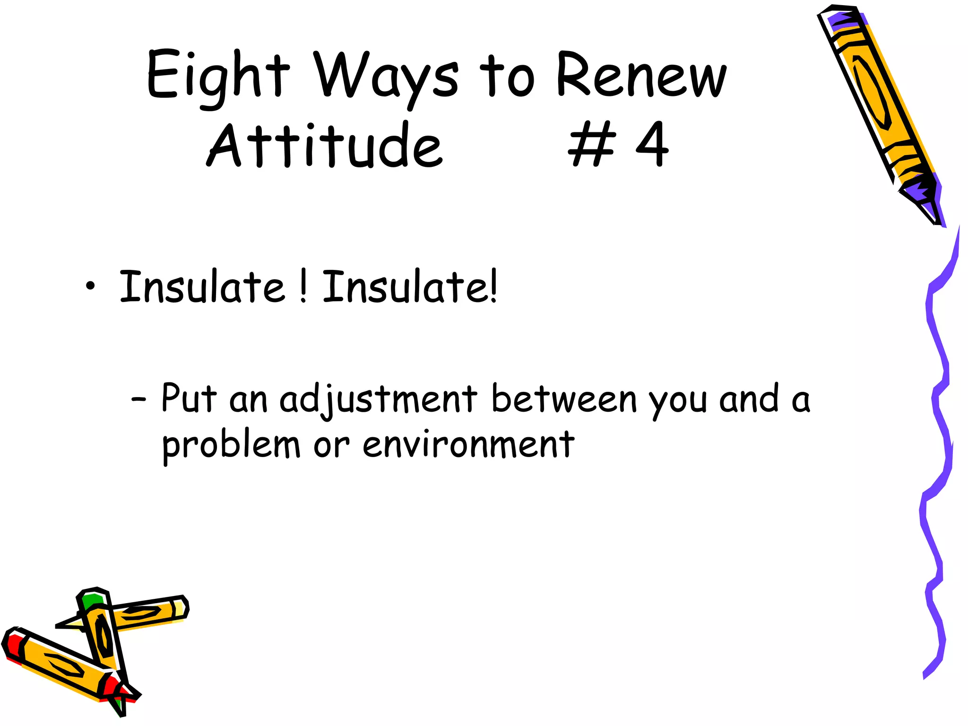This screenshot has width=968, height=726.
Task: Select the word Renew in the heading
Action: point(641,76)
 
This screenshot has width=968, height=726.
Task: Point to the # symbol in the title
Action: point(593,144)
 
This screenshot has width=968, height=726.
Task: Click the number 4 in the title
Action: point(652,144)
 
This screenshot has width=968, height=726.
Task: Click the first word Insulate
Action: point(202,286)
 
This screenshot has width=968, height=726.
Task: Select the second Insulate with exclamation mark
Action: point(409,286)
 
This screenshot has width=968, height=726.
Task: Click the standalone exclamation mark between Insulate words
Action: point(303,286)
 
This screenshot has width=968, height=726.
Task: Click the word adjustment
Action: point(378,399)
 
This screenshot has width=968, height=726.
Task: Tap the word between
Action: point(564,399)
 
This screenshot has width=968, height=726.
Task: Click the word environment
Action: point(468,445)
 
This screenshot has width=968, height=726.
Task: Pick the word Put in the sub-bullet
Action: point(189,398)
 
